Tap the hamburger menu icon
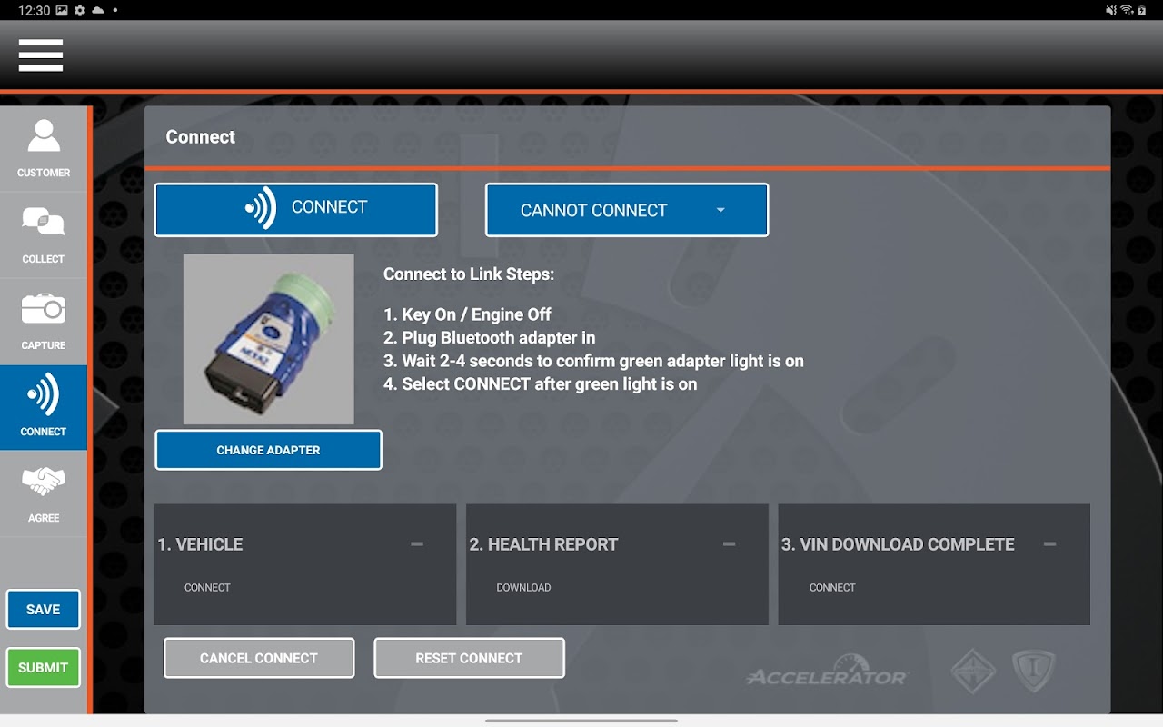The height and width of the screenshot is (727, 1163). (x=41, y=55)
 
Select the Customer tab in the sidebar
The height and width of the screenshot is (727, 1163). (x=44, y=148)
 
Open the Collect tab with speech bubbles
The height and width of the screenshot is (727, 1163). (x=44, y=234)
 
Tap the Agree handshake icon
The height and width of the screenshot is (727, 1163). (x=44, y=481)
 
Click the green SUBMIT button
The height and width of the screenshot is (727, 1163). (x=43, y=667)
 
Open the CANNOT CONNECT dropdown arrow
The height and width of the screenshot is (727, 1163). (x=721, y=210)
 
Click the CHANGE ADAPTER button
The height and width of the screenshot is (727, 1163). (x=268, y=450)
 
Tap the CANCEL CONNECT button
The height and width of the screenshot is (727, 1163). (x=259, y=658)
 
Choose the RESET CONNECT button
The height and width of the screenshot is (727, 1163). (x=470, y=658)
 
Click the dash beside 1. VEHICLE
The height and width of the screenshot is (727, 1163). (x=417, y=544)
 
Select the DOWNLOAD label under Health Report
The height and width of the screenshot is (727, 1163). (x=523, y=587)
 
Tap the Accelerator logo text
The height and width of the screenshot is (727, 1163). (x=827, y=677)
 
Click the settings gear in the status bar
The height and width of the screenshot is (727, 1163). (x=80, y=10)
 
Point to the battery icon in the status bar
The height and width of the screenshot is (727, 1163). (x=1142, y=10)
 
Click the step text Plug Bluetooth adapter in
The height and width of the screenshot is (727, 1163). (x=489, y=337)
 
